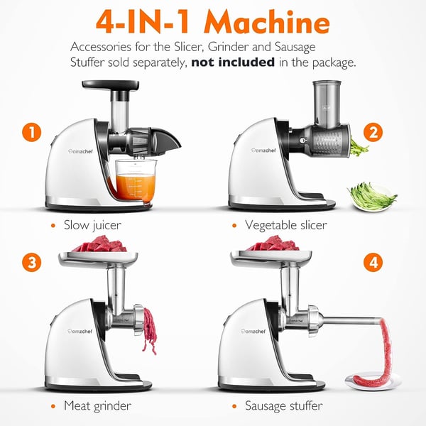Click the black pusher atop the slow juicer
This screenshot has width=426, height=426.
click(x=108, y=87)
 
